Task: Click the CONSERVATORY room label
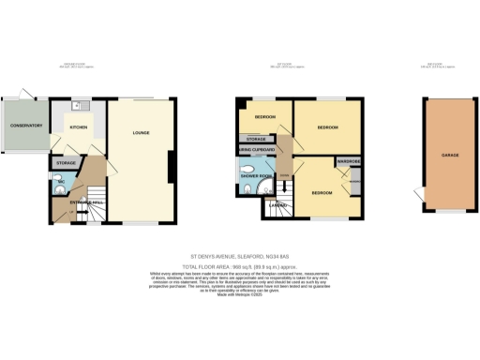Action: [22, 126]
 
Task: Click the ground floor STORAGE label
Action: [66, 163]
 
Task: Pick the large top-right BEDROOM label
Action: [326, 126]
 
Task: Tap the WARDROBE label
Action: [350, 161]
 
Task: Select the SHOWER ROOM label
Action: [256, 175]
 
